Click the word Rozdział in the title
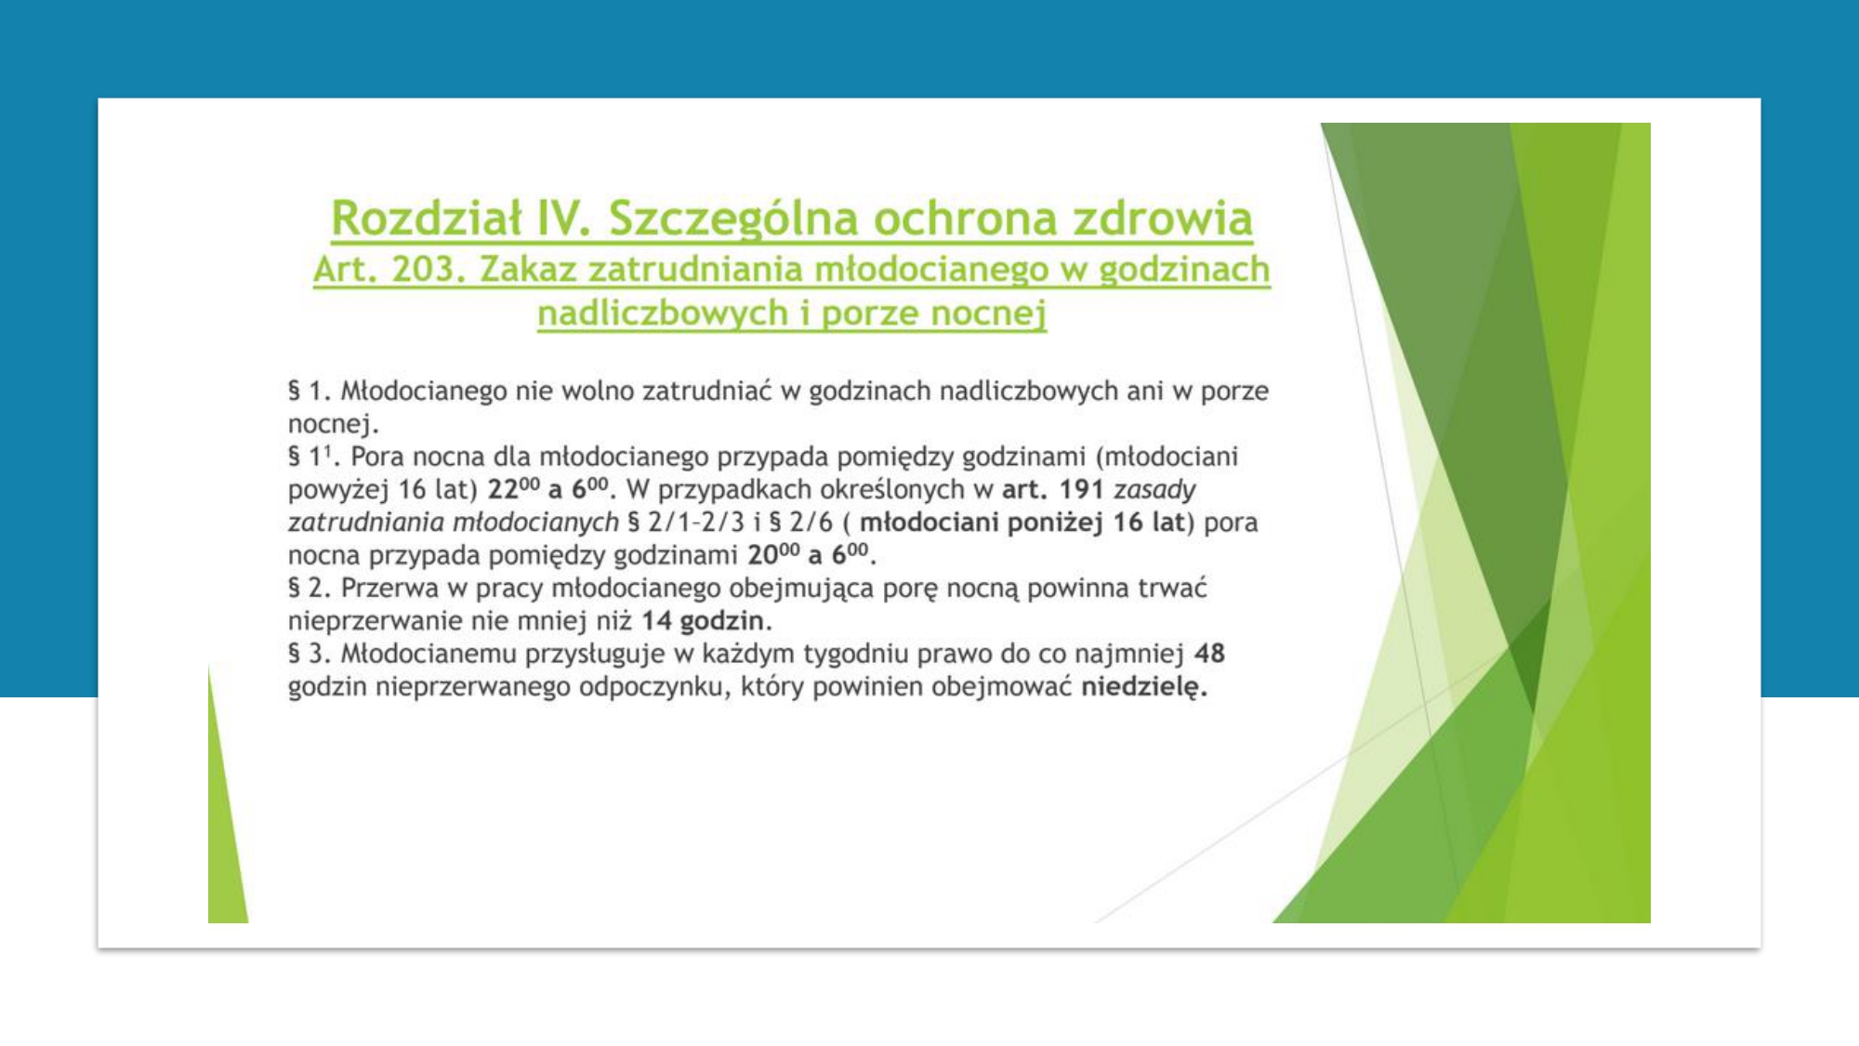426,218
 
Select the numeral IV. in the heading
564,218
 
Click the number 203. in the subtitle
428,269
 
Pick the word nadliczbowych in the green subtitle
663,313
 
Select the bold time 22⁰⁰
513,488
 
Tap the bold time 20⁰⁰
773,554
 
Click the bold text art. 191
1052,489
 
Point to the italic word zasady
1154,489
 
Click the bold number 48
1209,653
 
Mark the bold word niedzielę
1144,687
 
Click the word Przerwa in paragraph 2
389,588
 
